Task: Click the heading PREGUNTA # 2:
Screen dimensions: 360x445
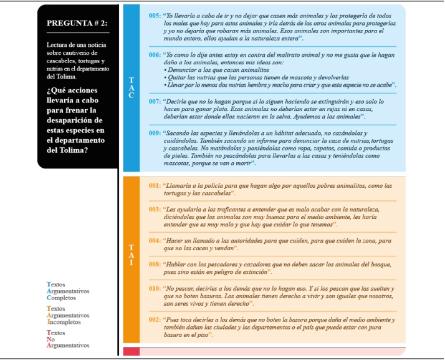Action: tap(77, 23)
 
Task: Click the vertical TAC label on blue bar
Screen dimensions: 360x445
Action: tap(131, 88)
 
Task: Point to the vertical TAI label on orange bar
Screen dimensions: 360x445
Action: tap(131, 255)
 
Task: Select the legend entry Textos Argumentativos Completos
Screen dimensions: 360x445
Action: tap(68, 291)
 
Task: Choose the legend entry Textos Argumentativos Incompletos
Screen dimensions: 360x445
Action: tap(68, 315)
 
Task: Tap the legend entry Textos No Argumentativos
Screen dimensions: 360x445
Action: tap(68, 339)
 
